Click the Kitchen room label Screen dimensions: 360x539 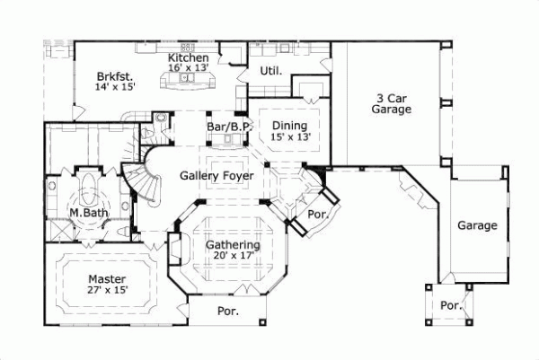[189, 57]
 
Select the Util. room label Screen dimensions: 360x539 [271, 70]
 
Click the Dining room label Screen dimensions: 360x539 [289, 125]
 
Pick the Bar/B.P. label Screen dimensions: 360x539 [228, 128]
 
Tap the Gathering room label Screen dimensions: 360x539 [232, 244]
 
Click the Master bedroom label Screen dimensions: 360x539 [106, 279]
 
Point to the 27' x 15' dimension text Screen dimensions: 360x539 [106, 291]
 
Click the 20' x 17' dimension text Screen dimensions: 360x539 [232, 256]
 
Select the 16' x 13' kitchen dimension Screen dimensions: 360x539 [189, 67]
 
